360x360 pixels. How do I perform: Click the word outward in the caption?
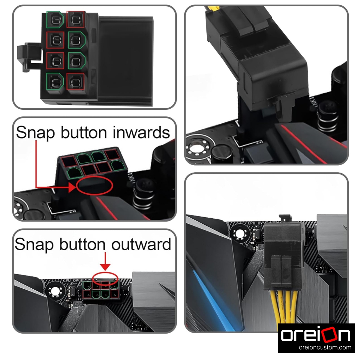point(141,244)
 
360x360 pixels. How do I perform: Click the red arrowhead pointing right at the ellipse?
point(72,188)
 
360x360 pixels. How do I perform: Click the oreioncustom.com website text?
point(325,347)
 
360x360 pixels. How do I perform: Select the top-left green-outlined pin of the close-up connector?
point(55,19)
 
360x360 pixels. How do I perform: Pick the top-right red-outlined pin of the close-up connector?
point(75,19)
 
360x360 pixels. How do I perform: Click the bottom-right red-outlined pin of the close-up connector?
point(75,82)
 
